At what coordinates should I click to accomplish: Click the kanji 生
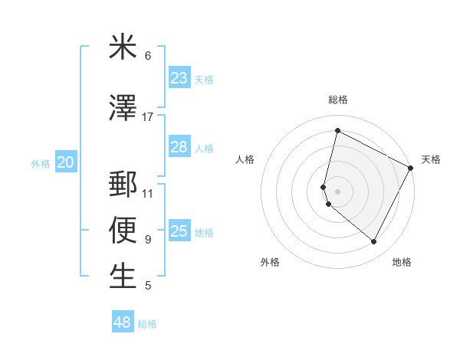pyautogui.click(x=123, y=277)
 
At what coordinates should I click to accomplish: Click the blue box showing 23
pyautogui.click(x=179, y=78)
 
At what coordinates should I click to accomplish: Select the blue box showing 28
pyautogui.click(x=179, y=147)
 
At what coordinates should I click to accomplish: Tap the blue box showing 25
pyautogui.click(x=179, y=231)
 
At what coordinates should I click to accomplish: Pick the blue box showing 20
pyautogui.click(x=66, y=162)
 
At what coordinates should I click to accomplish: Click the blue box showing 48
pyautogui.click(x=123, y=322)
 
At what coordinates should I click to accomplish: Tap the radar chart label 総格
pyautogui.click(x=338, y=100)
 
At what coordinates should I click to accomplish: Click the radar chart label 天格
pyautogui.click(x=431, y=159)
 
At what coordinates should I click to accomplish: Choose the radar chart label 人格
pyautogui.click(x=245, y=159)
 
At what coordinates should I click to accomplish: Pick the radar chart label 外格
pyautogui.click(x=270, y=262)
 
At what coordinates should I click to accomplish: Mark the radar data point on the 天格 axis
pyautogui.click(x=411, y=168)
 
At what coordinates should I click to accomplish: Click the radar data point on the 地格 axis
pyautogui.click(x=374, y=242)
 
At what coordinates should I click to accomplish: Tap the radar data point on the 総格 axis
pyautogui.click(x=337, y=130)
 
